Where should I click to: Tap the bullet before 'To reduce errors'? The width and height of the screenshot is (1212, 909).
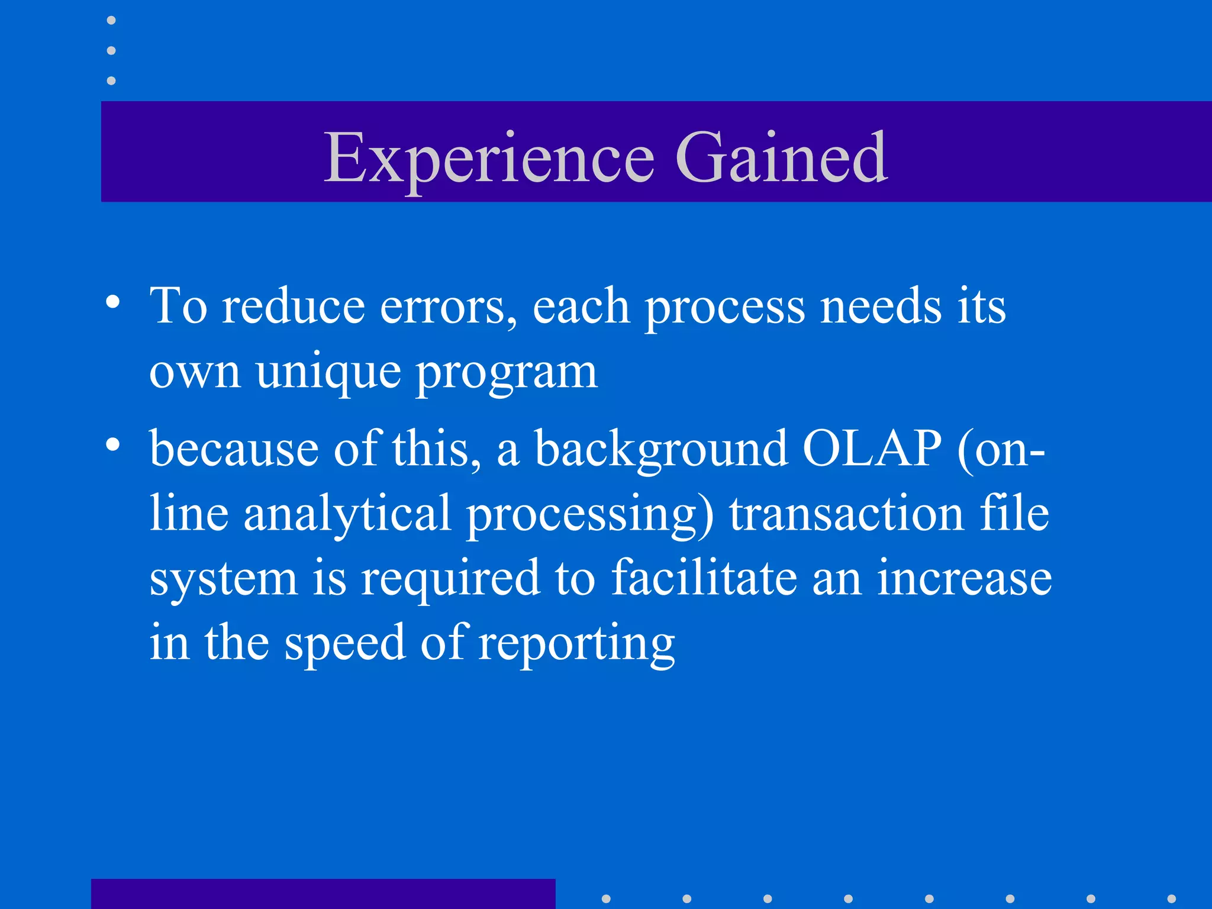coord(113,302)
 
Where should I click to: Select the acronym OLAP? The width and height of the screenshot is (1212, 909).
coord(871,449)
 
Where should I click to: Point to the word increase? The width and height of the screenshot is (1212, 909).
coord(964,579)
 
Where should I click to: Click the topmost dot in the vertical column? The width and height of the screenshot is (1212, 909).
coord(111,21)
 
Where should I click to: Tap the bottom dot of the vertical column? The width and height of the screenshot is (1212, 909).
coord(111,80)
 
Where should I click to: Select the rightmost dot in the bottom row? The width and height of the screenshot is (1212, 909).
coord(1171,898)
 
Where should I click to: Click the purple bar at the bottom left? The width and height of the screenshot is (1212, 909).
coord(323,894)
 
